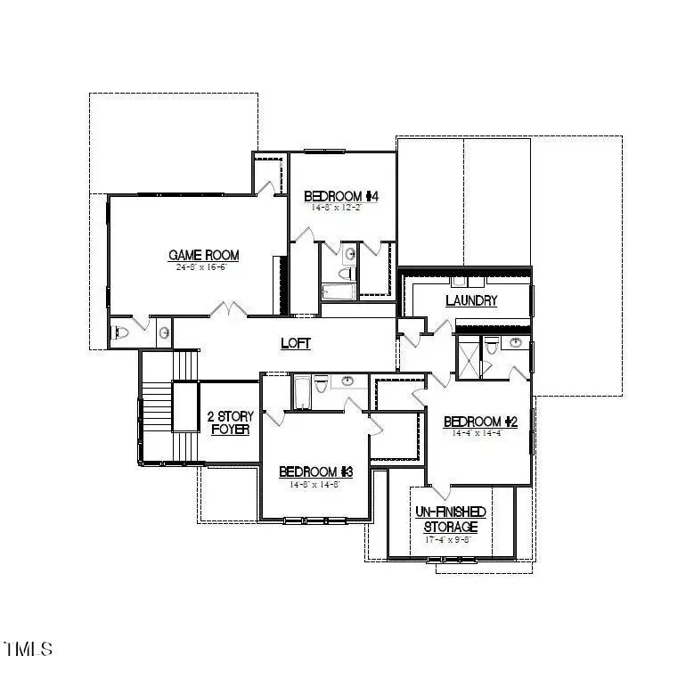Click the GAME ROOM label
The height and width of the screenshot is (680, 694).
coord(204,256)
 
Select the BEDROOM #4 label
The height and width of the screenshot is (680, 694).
coord(342,196)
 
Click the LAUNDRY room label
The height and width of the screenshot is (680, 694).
coord(471,300)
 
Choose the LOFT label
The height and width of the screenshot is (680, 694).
coord(296,342)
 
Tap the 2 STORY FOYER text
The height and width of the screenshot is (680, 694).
coord(230,422)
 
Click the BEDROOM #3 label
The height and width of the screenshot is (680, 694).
coord(316,471)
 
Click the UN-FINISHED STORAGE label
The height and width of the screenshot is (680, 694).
coord(450,519)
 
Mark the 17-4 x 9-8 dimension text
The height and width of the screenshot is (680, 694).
coord(450,539)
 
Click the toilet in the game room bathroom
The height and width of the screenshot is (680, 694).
coord(122,333)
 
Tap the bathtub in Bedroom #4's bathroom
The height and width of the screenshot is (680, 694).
coord(337,291)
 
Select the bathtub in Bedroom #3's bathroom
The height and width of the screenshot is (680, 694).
coord(301,392)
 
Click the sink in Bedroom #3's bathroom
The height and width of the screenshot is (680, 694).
coord(347,382)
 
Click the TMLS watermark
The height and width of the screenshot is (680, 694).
coord(29,649)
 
